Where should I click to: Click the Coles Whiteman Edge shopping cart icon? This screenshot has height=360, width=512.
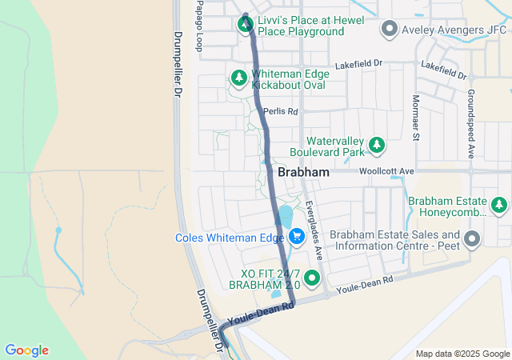pos(297,237)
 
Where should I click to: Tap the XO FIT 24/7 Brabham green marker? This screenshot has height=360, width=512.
pos(312,278)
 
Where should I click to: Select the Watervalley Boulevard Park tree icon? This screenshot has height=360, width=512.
pos(375,146)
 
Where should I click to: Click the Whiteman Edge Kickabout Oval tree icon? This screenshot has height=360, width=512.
pos(238,78)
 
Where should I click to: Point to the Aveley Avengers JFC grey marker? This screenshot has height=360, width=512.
pos(390,30)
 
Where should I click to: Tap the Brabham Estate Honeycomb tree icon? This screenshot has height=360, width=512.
pos(500,206)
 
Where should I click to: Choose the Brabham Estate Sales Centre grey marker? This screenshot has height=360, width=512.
pos(472,239)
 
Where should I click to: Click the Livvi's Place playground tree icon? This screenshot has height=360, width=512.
pos(244,24)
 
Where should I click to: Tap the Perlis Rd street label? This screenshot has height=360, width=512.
pos(281,111)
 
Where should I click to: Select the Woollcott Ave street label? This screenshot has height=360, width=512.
pos(386,171)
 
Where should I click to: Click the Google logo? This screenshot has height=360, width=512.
pos(27,350)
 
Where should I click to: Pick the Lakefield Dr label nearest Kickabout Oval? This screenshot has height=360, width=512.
pos(360,62)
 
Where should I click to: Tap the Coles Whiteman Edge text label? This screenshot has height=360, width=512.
pos(230,238)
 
